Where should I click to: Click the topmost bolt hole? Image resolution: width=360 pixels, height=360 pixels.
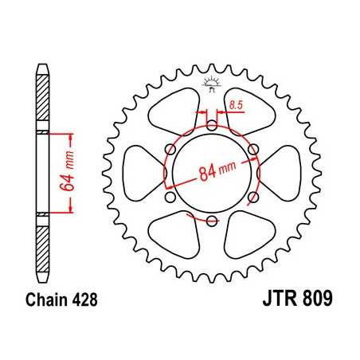(x=211, y=125)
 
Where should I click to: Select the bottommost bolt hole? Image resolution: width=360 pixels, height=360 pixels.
(x=211, y=221)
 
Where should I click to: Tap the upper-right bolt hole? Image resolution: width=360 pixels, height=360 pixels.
(x=252, y=149)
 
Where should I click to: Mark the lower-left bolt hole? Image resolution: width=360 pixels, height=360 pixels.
(x=170, y=197)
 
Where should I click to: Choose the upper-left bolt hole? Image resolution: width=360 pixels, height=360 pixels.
(x=170, y=149)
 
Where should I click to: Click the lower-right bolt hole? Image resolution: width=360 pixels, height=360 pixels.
(x=252, y=197)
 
